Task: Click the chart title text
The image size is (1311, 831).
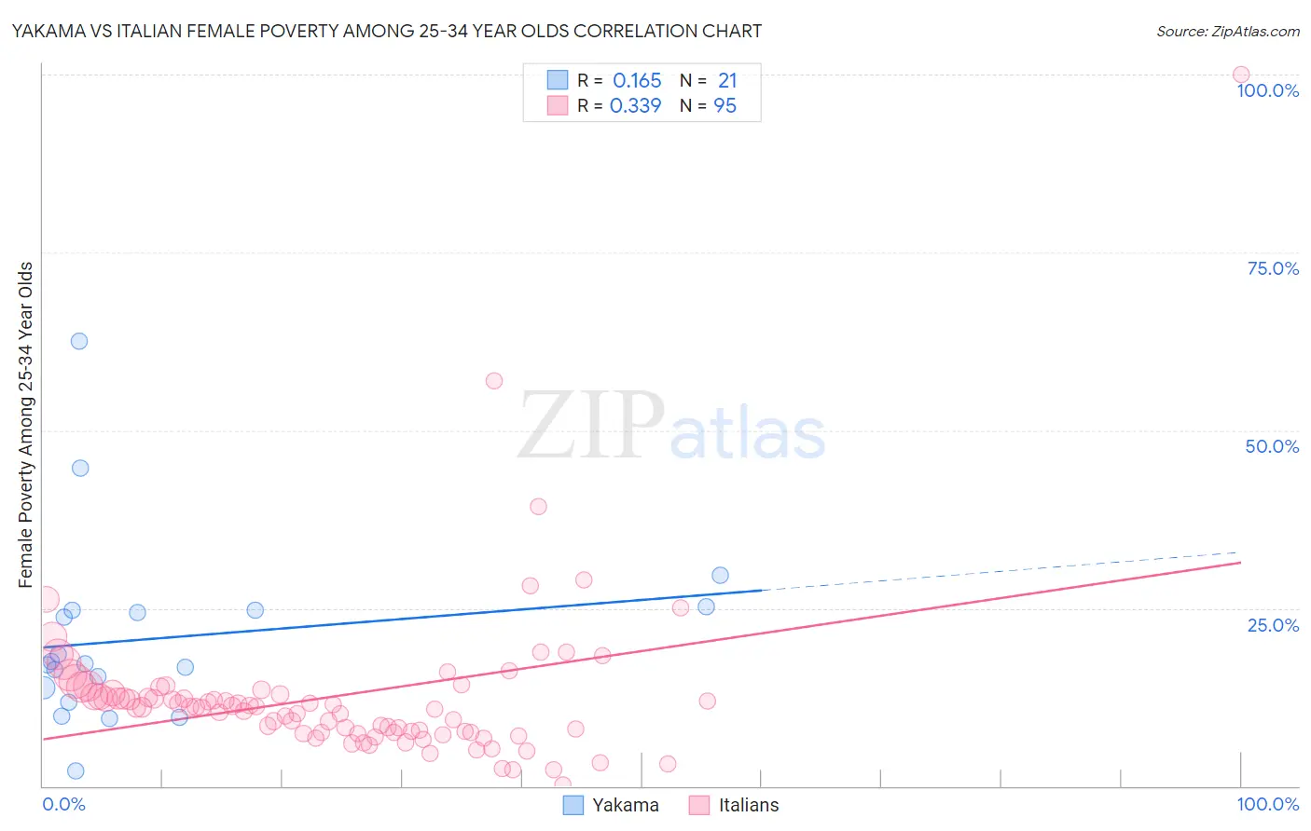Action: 387,31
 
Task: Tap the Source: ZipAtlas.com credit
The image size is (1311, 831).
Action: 1227,31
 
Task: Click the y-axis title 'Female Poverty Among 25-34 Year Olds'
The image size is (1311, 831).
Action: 25,425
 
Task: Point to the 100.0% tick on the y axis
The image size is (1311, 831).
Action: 1267,90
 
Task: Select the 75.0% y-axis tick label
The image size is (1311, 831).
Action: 1273,268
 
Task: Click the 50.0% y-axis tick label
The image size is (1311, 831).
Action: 1272,446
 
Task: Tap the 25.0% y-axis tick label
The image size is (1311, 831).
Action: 1273,624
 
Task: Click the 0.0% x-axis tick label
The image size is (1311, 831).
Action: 63,804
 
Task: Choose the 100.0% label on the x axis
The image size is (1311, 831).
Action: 1267,804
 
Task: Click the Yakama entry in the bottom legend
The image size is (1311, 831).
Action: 625,805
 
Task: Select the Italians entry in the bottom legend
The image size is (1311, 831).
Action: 748,805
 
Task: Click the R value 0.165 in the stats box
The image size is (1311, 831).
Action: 637,81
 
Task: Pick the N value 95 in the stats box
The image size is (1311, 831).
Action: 724,106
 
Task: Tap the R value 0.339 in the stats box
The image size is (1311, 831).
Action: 635,106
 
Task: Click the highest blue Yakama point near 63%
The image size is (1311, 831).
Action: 79,341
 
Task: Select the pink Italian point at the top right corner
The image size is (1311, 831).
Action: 1241,75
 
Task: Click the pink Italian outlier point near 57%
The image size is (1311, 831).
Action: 494,380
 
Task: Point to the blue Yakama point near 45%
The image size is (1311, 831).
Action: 80,468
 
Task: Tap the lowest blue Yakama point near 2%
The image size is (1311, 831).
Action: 76,770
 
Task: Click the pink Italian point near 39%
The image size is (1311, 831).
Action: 538,507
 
